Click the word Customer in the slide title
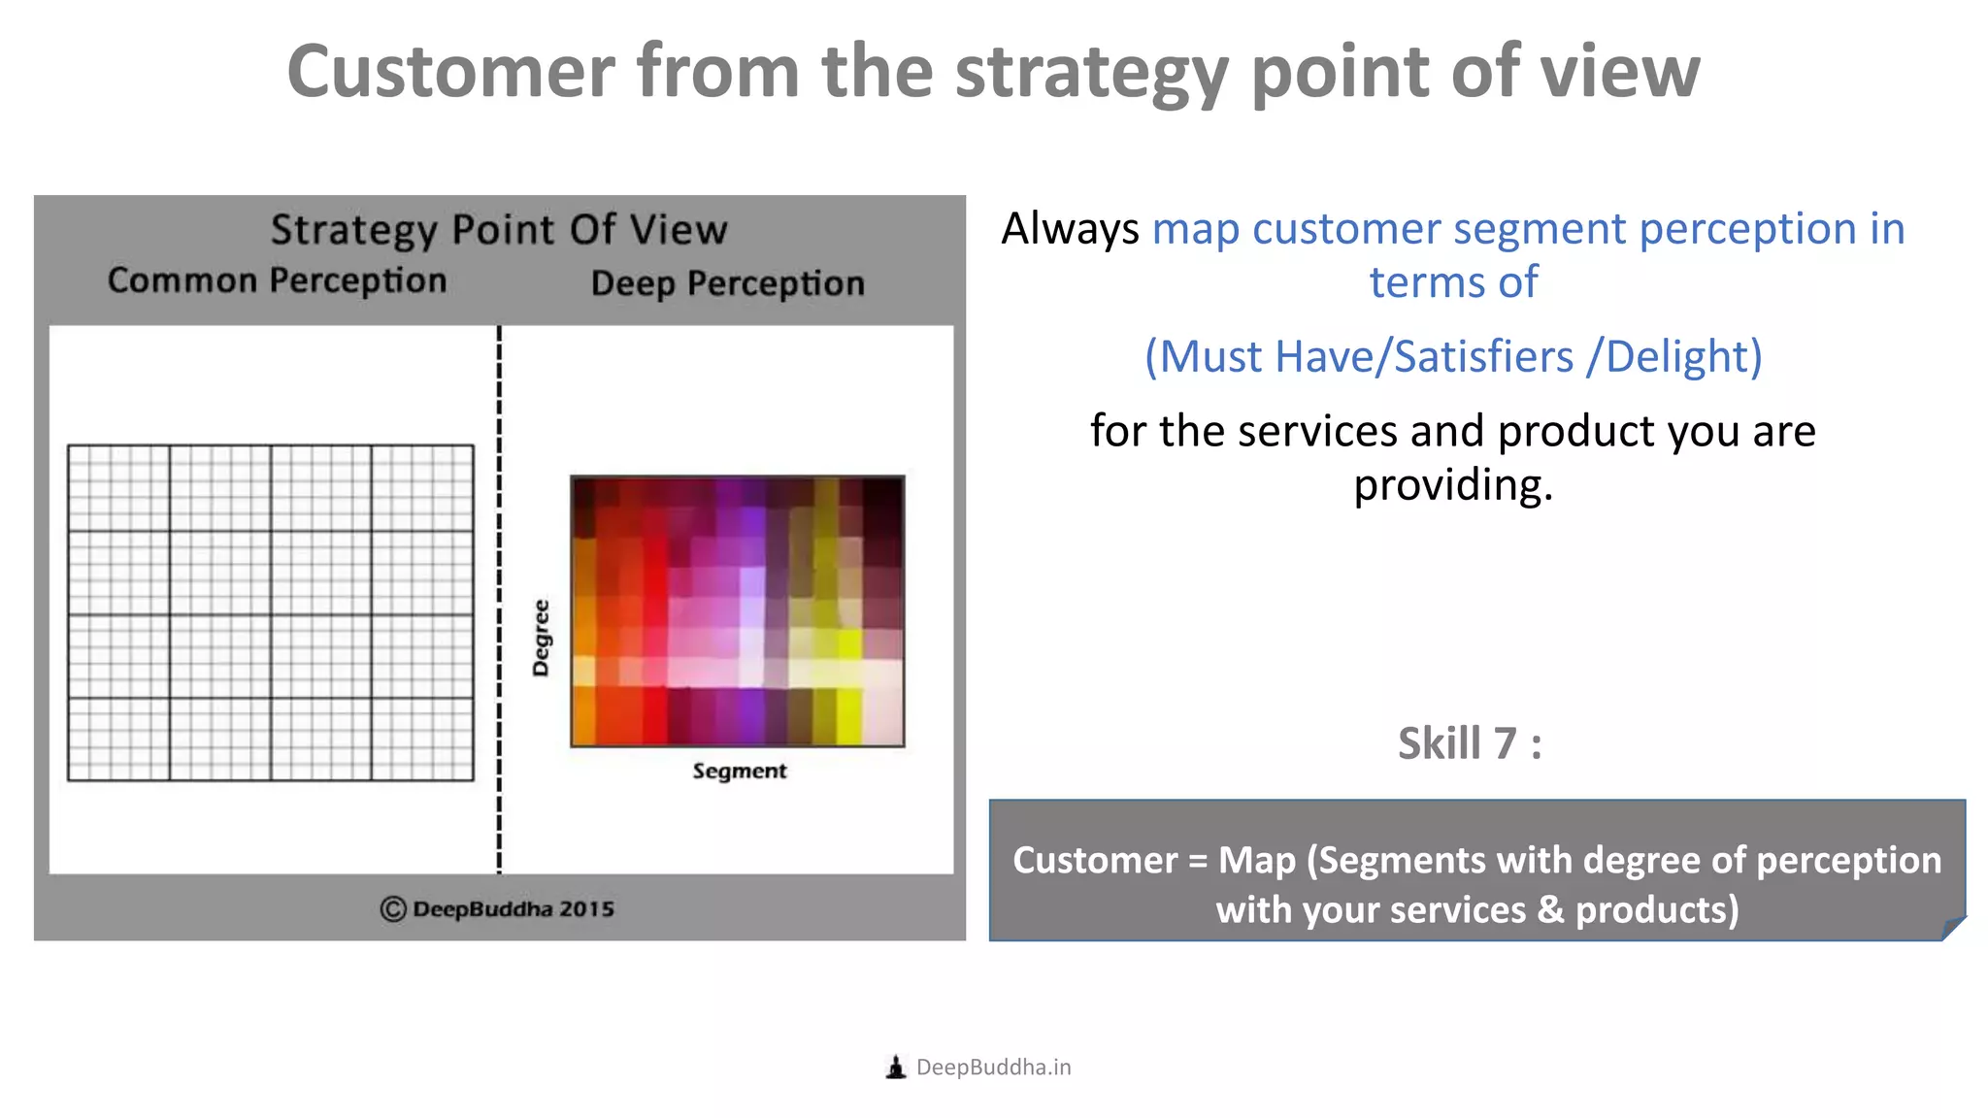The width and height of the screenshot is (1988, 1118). click(451, 72)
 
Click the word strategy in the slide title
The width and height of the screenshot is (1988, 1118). click(1091, 74)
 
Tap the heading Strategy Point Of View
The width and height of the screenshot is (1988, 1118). click(498, 230)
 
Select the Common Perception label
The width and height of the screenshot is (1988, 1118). click(277, 280)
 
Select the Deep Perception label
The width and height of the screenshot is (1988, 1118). click(727, 283)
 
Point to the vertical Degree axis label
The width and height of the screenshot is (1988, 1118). click(541, 638)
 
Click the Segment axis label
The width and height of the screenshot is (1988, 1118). click(739, 771)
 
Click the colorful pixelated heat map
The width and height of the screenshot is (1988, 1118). click(738, 611)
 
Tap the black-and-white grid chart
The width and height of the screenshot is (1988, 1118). click(271, 612)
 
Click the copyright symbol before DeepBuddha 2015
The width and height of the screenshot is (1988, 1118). click(392, 909)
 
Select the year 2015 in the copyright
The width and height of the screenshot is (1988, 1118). click(586, 909)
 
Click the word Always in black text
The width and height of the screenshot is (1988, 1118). click(1070, 229)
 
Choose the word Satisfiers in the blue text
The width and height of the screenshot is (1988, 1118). click(1483, 356)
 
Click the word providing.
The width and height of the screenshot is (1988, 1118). click(1453, 484)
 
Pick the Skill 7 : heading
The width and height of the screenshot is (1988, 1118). click(1469, 743)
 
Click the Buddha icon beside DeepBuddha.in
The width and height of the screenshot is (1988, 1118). click(896, 1068)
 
